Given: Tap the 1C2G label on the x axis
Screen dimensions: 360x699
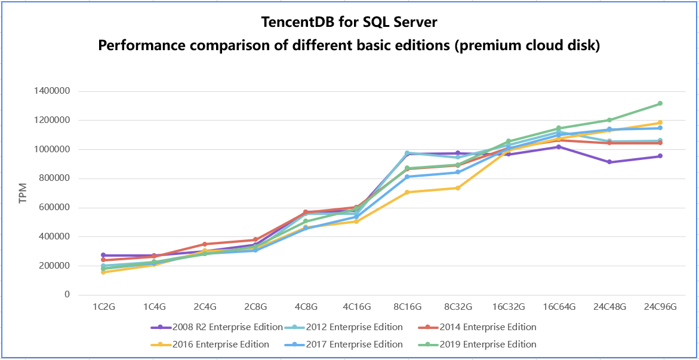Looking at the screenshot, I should point(103,307).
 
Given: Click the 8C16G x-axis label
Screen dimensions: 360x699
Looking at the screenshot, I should point(407,307).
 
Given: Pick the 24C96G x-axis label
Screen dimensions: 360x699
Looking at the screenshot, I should point(660,307).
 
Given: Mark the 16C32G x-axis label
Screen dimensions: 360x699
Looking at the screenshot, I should point(508,307).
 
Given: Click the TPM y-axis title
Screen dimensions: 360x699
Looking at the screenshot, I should point(23,193).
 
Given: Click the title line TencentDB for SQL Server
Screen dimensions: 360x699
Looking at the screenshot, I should point(349,23).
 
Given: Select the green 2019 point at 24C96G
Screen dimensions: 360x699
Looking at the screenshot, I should point(660,103).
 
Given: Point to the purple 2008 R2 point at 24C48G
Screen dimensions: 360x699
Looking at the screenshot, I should point(609,162).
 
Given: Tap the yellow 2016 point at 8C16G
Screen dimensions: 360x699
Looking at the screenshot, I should point(407,192).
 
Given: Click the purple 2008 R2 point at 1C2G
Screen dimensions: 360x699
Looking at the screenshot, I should point(103,256).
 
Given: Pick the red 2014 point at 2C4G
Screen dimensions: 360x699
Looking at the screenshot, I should point(205,244).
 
